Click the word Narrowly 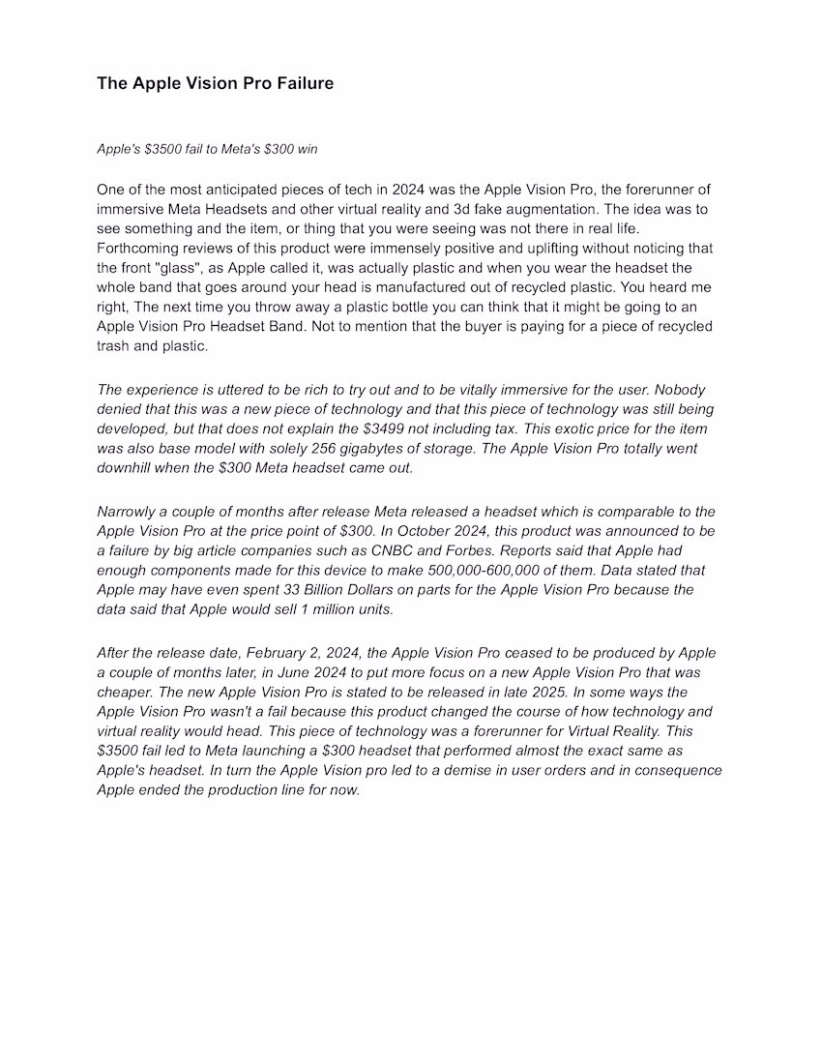click(126, 512)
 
